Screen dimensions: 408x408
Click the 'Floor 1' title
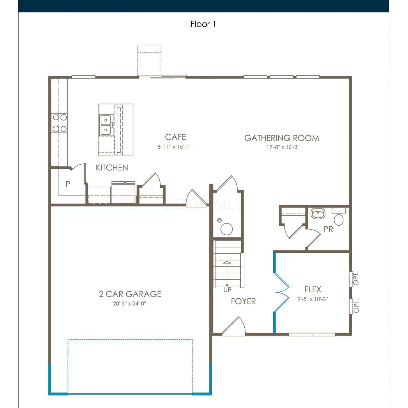pyautogui.click(x=203, y=24)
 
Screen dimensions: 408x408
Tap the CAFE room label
pyautogui.click(x=175, y=137)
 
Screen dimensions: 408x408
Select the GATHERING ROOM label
pyautogui.click(x=282, y=138)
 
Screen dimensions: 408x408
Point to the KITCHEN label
pyautogui.click(x=112, y=168)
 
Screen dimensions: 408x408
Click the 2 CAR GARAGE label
pyautogui.click(x=130, y=294)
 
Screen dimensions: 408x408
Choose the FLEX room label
pyautogui.click(x=313, y=289)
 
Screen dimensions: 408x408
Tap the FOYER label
pyautogui.click(x=243, y=301)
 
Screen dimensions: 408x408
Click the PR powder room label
pyautogui.click(x=328, y=229)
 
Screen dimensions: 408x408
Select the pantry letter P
pyautogui.click(x=68, y=184)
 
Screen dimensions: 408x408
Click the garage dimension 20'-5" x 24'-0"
pyautogui.click(x=129, y=304)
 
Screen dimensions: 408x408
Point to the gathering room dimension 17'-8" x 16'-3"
pyautogui.click(x=283, y=147)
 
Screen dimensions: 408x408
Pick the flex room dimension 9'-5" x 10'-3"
pyautogui.click(x=313, y=299)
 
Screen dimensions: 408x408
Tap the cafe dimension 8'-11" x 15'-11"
pyautogui.click(x=175, y=147)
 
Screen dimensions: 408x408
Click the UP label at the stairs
pyautogui.click(x=227, y=290)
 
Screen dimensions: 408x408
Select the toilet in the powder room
pyautogui.click(x=339, y=217)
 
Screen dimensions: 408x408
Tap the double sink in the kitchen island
pyautogui.click(x=106, y=125)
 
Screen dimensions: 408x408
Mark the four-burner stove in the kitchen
pyautogui.click(x=60, y=123)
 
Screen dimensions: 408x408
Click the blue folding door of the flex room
pyautogui.click(x=282, y=293)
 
